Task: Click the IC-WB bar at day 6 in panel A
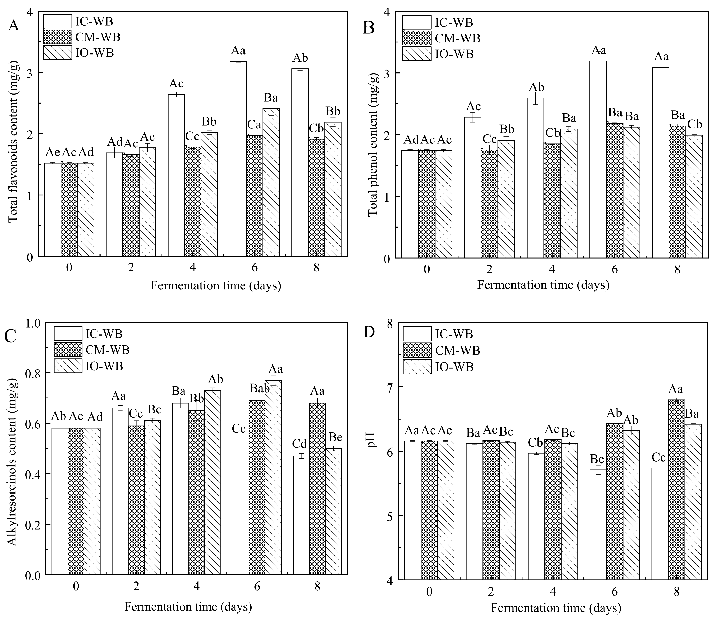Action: (238, 159)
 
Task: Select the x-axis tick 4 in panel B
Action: (552, 269)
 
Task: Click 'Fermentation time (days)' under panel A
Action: (216, 286)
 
